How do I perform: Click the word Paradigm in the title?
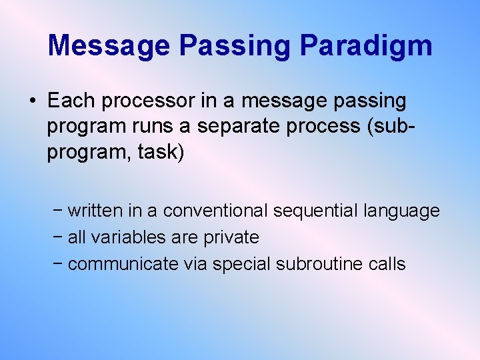365,46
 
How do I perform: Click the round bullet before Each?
32,101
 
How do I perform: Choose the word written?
95,211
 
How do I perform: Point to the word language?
402,211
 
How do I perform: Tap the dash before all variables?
59,237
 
